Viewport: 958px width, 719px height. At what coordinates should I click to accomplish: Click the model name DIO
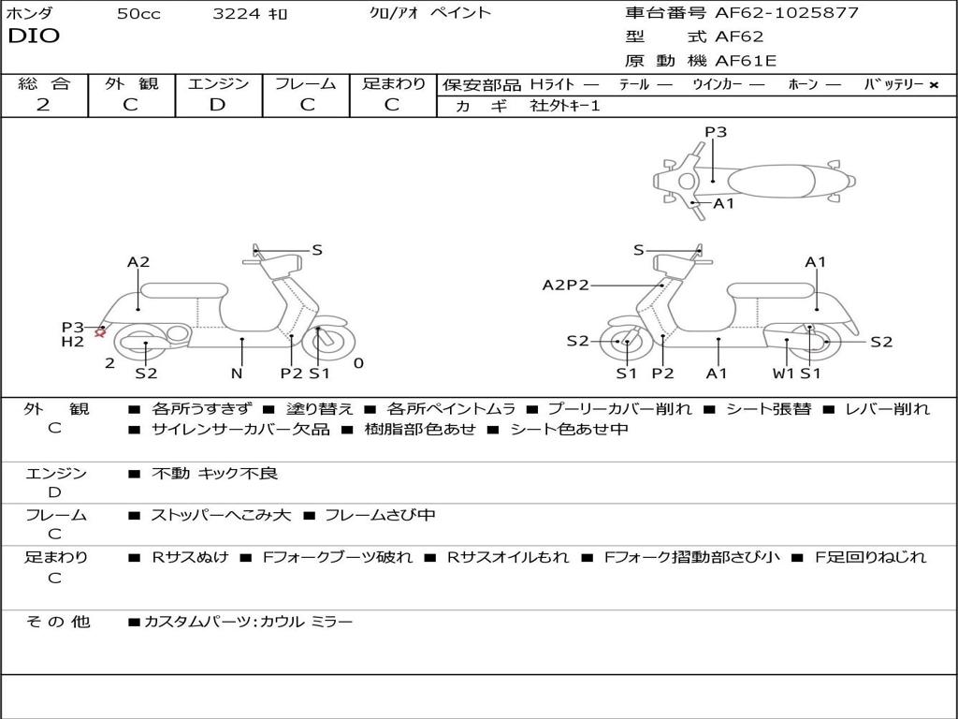(x=33, y=37)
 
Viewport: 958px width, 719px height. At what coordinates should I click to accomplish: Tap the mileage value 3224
(x=237, y=14)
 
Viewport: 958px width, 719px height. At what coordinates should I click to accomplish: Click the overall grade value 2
(x=43, y=105)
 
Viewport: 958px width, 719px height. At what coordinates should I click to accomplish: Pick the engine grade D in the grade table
(x=218, y=105)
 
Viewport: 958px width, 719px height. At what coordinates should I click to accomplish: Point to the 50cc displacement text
(x=138, y=14)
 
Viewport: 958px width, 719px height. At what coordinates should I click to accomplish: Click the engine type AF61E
(x=746, y=62)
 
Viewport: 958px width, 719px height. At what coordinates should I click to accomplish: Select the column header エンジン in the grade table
(x=218, y=83)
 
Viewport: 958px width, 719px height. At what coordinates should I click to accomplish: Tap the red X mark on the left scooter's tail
(x=100, y=332)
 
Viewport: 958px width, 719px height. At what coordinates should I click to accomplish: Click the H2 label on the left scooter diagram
(x=73, y=342)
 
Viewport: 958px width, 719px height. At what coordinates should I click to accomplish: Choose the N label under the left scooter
(x=237, y=374)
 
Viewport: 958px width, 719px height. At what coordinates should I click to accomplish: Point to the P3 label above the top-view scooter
(x=716, y=132)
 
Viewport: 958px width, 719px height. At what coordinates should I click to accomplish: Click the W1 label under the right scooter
(x=783, y=374)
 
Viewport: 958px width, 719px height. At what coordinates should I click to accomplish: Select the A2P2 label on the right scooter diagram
(x=565, y=285)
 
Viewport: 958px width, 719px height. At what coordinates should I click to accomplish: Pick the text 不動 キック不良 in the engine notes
(x=214, y=474)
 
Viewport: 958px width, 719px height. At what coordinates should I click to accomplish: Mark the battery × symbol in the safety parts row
(x=933, y=84)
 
